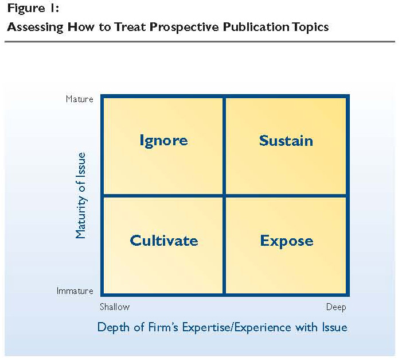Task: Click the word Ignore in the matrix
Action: tap(163, 141)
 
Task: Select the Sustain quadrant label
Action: tap(286, 141)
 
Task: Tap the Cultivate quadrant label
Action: tap(164, 241)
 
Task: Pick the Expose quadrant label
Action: tap(287, 241)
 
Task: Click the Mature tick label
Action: tap(80, 99)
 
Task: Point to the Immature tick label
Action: tap(75, 291)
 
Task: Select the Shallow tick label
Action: tap(115, 307)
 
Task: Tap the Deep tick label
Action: tap(336, 307)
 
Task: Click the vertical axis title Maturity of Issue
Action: tap(80, 195)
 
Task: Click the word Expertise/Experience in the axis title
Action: tap(237, 327)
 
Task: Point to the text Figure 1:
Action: tap(33, 8)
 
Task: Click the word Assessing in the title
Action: tap(35, 27)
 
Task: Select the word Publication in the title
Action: tap(256, 27)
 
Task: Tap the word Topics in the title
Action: tap(310, 27)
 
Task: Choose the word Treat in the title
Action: tap(130, 27)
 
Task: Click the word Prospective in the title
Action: tap(185, 28)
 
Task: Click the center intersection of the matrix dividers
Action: tap(224, 196)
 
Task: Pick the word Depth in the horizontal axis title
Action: tap(114, 327)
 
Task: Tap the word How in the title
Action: tap(81, 27)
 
